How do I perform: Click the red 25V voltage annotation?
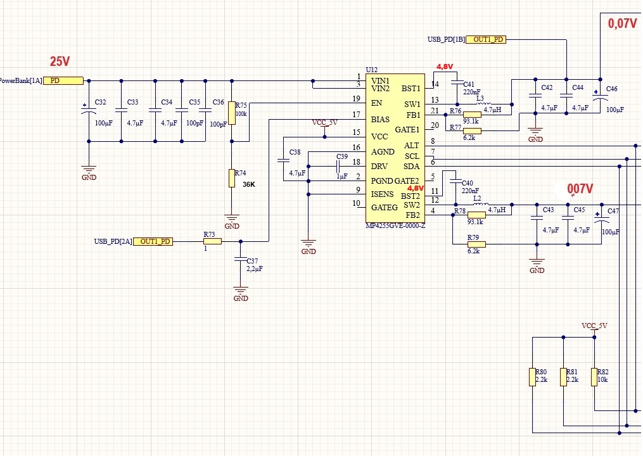[x=60, y=62]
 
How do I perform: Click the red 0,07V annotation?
[x=622, y=24]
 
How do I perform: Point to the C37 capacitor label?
[x=253, y=261]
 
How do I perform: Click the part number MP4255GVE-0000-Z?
[x=395, y=226]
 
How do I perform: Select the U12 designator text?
[x=371, y=70]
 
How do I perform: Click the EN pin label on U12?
[x=376, y=103]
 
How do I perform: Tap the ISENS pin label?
[x=382, y=194]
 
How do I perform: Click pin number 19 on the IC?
[x=357, y=99]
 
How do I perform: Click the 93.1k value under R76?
[x=471, y=122]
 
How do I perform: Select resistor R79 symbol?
[x=476, y=244]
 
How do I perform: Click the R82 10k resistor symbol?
[x=594, y=377]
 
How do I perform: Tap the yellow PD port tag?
[x=63, y=80]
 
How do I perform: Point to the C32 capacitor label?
[x=100, y=102]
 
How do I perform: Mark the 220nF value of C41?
[x=471, y=92]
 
